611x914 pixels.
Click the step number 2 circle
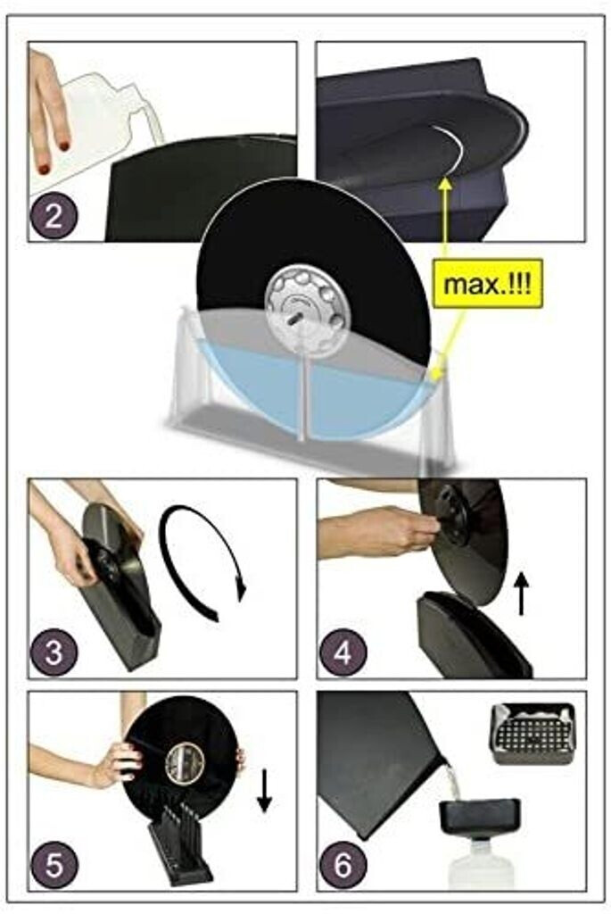point(53,216)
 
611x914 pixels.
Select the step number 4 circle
point(343,652)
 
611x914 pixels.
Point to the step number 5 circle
point(54,865)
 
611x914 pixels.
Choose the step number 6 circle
point(343,865)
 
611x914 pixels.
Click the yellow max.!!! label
point(488,285)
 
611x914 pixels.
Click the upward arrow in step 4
point(522,593)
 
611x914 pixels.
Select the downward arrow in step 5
point(264,791)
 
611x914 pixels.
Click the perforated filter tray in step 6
point(533,734)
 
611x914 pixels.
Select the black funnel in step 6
point(480,818)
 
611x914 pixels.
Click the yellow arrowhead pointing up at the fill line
point(446,184)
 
